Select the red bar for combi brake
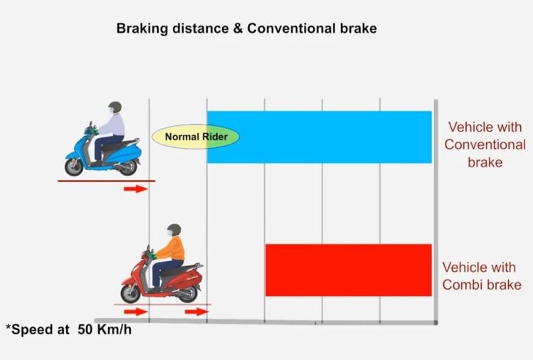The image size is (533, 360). (x=348, y=270)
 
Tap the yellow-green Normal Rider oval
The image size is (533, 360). (x=196, y=136)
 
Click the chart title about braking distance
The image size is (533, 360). (x=246, y=29)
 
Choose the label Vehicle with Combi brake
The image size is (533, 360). (x=482, y=276)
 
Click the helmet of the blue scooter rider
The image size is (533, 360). (x=115, y=107)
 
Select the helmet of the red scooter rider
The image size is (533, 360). (x=174, y=229)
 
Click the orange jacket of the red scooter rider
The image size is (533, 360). (x=173, y=249)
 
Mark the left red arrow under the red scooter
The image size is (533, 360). (x=134, y=312)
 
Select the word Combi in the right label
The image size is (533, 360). (x=464, y=285)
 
